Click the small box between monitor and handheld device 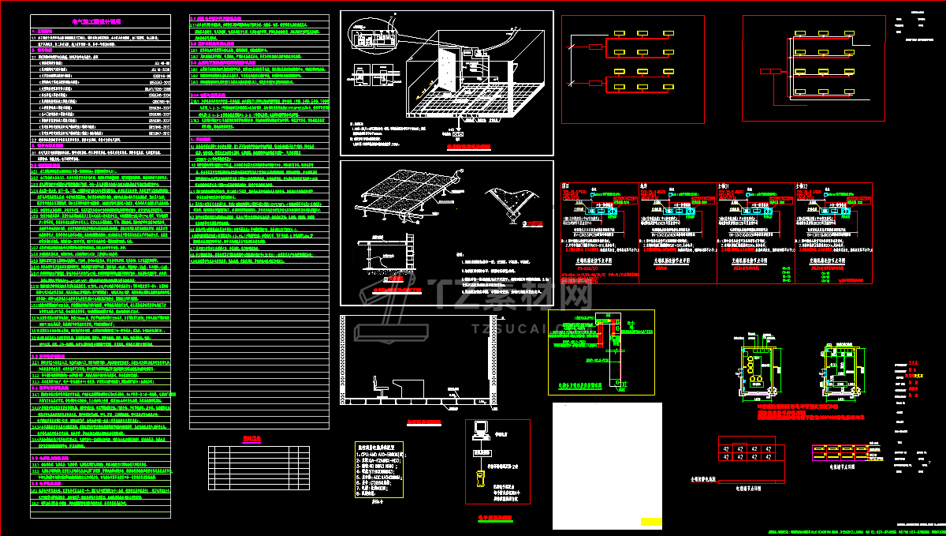coord(479,454)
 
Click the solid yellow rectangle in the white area coord(651,521)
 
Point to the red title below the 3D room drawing coord(468,147)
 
